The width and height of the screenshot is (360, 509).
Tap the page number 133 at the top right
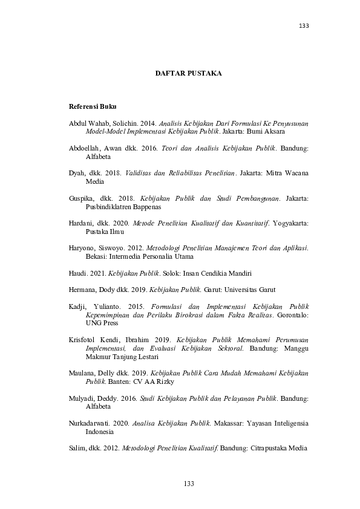[x=304, y=27]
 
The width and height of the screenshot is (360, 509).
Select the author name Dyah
[x=78, y=173]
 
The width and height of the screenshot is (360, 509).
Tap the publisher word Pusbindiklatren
[x=111, y=206]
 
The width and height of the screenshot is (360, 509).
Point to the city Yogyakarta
[x=287, y=223]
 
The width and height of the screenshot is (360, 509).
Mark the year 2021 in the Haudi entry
[x=97, y=273]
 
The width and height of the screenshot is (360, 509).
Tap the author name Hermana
[x=85, y=289]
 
